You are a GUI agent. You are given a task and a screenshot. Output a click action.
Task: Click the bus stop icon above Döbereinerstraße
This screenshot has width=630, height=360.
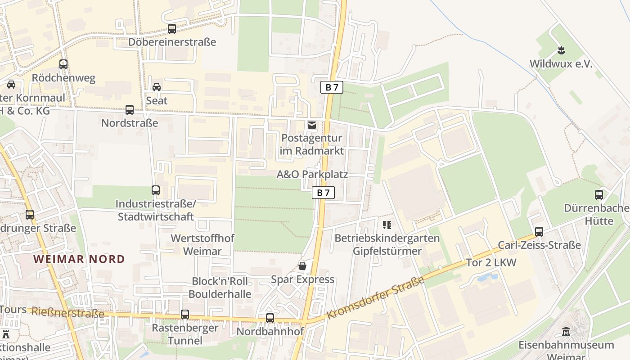pos(171,29)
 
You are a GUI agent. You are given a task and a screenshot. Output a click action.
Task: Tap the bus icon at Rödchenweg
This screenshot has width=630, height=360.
pos(63,64)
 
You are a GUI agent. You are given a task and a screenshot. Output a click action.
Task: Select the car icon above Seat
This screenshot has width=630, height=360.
pos(157,87)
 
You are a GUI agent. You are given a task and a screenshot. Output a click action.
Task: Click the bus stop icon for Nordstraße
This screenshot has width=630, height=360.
pos(130,109)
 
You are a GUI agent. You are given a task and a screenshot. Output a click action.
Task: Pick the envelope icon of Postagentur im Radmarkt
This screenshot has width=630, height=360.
pos(311,125)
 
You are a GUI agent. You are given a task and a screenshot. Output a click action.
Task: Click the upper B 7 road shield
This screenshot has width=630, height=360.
pos(332,87)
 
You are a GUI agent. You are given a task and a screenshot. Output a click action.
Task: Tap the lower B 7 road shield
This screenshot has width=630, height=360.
pos(323,193)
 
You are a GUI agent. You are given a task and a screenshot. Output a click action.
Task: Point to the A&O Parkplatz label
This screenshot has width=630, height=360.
pos(312,174)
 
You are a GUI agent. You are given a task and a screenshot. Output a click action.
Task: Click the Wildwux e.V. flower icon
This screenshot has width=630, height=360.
pos(561,49)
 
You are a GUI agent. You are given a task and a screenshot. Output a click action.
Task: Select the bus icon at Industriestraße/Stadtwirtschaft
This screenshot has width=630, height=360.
pos(156,190)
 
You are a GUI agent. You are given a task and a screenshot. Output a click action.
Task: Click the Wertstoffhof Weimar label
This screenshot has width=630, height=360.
pos(202,244)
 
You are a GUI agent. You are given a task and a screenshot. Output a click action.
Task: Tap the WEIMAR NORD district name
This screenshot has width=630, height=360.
pos(79,259)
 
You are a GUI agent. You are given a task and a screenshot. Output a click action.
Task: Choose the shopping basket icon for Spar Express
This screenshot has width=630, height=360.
pos(302,266)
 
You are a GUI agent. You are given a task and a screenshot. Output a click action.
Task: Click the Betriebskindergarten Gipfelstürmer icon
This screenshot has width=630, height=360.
pos(387,225)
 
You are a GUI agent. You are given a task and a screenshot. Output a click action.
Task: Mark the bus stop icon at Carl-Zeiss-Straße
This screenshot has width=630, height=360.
pos(539,232)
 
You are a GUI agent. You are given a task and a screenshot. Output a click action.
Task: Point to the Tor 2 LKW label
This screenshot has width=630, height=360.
pos(491,262)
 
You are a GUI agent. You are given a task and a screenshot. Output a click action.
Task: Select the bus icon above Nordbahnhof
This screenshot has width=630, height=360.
pos(270,318)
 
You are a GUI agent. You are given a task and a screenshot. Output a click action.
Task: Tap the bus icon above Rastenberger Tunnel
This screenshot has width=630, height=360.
pos(185,315)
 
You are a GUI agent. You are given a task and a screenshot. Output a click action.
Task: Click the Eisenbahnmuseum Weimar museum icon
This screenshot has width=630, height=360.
pos(566,332)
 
